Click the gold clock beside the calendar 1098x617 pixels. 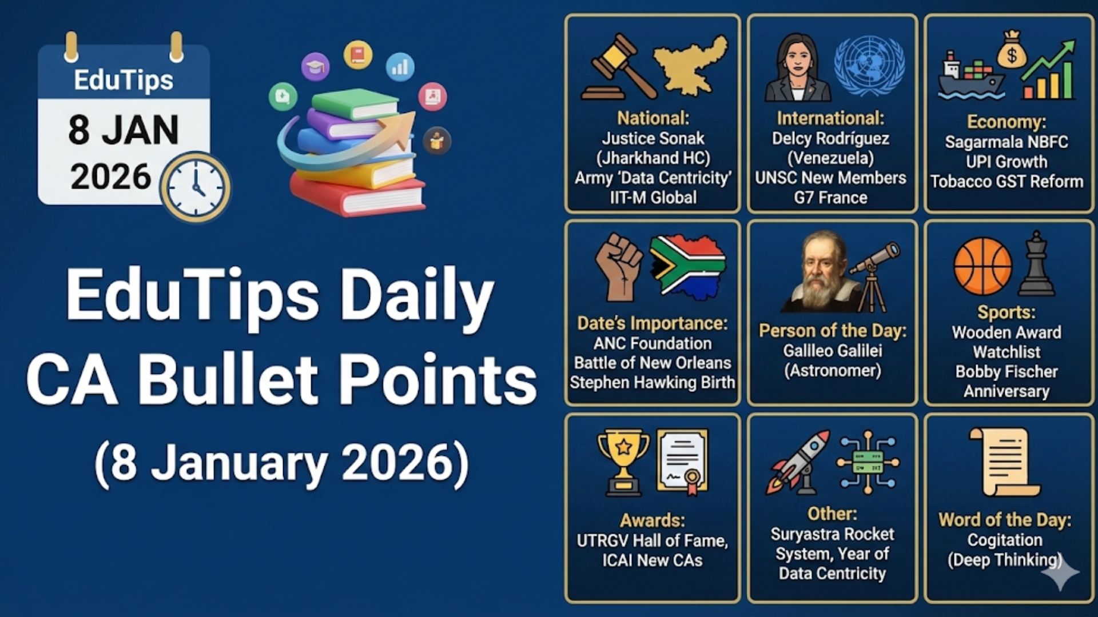click(x=195, y=187)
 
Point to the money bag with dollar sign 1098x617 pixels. click(x=1012, y=50)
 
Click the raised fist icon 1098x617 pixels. click(x=619, y=266)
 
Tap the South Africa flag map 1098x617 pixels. click(x=689, y=266)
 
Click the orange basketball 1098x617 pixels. click(x=982, y=266)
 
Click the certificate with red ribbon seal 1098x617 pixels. click(x=683, y=462)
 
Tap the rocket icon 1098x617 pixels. click(x=798, y=462)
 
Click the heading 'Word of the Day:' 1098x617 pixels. click(x=1005, y=520)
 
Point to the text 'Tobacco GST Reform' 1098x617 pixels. click(x=1006, y=182)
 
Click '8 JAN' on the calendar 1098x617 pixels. click(x=124, y=130)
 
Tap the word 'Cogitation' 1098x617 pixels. click(x=1005, y=540)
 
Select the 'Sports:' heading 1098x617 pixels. click(x=1006, y=312)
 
